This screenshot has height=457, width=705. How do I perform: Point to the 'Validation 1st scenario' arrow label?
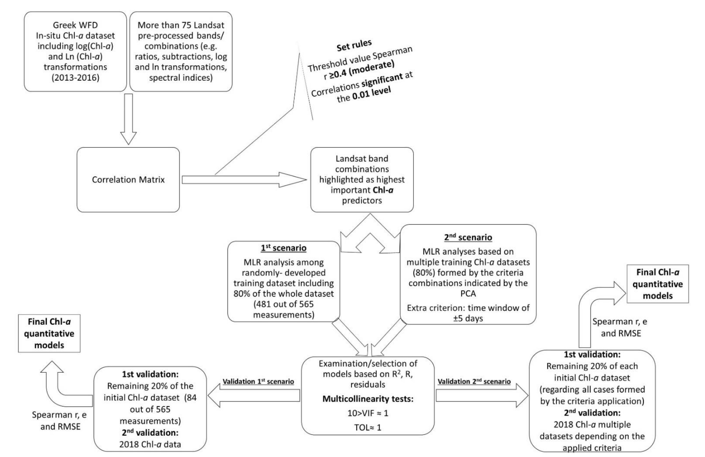click(258, 381)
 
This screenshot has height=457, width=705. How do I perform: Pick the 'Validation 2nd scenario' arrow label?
click(474, 381)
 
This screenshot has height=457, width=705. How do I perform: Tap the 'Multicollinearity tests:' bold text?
click(368, 399)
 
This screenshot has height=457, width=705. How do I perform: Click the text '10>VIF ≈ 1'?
click(368, 413)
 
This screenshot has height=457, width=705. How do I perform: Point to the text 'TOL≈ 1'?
click(368, 427)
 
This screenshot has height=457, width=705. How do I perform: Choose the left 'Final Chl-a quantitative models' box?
click(49, 333)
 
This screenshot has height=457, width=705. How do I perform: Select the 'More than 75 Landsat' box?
click(181, 51)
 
